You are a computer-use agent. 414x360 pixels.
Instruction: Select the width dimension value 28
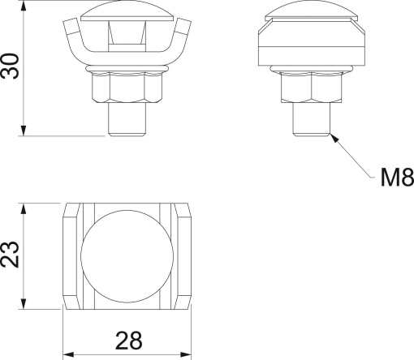(x=127, y=340)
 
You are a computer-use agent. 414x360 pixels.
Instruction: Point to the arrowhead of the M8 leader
(x=331, y=135)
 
